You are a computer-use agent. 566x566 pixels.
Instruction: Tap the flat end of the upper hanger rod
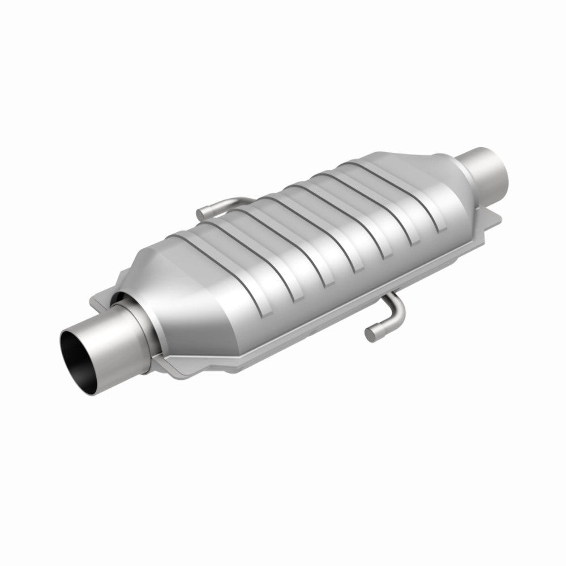pyautogui.click(x=201, y=213)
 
